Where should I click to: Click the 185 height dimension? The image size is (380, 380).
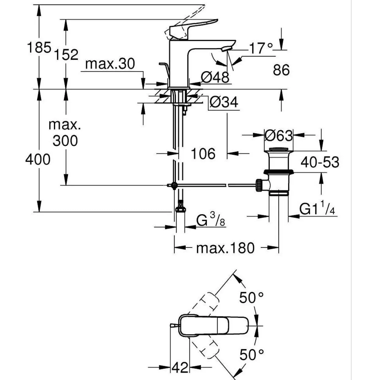pyautogui.click(x=39, y=47)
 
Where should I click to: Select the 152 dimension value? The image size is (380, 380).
pyautogui.click(x=66, y=55)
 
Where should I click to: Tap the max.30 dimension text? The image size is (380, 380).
pyautogui.click(x=110, y=64)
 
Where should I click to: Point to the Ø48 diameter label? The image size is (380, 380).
pyautogui.click(x=215, y=77)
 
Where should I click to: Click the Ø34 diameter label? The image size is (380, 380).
pyautogui.click(x=224, y=102)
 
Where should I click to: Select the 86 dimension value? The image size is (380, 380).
pyautogui.click(x=281, y=70)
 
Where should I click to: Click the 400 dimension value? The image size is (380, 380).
pyautogui.click(x=38, y=160)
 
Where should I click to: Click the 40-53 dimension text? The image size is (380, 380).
pyautogui.click(x=320, y=162)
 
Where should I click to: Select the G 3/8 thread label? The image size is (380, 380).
pyautogui.click(x=211, y=219)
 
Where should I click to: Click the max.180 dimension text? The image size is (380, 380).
pyautogui.click(x=225, y=248)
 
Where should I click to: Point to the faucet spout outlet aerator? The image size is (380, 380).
pyautogui.click(x=226, y=49)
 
